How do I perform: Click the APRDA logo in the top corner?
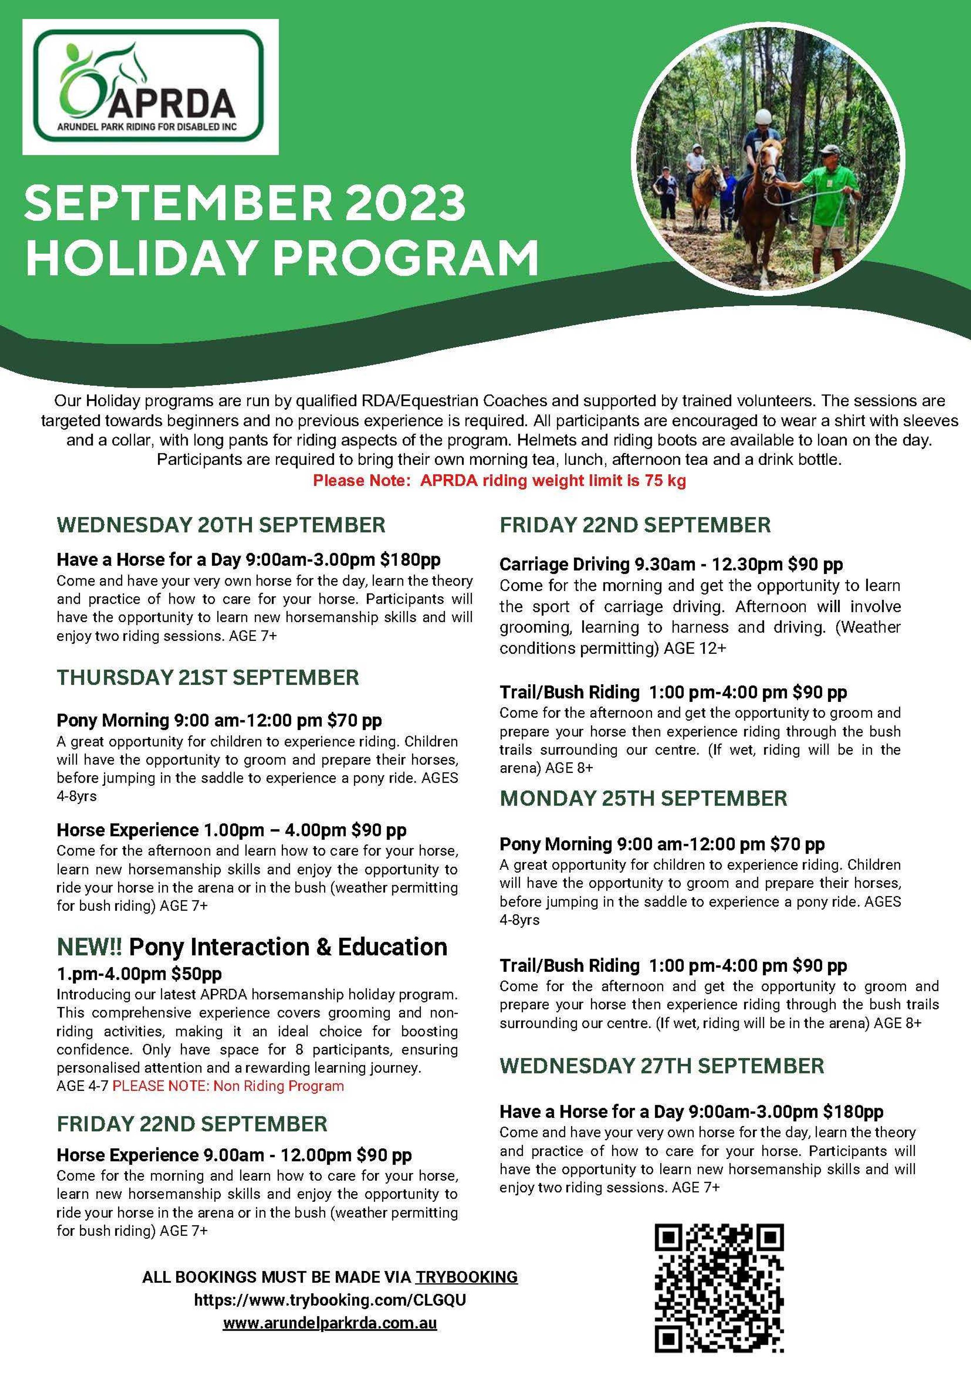[150, 87]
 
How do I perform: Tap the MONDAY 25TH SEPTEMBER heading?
[643, 798]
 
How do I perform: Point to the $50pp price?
[196, 974]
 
